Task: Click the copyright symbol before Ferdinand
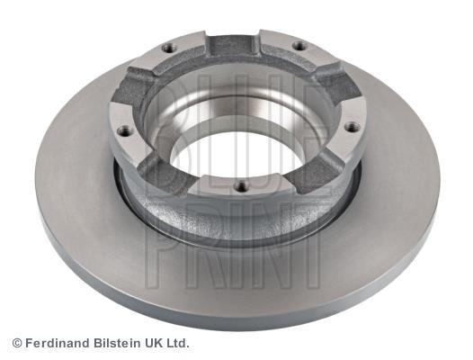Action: tap(17, 343)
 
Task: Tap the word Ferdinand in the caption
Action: tap(58, 343)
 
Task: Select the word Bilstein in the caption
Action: tap(117, 343)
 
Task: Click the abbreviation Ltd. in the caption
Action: tap(177, 343)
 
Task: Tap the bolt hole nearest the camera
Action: tap(241, 185)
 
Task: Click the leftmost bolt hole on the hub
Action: tap(123, 131)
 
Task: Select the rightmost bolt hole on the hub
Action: tap(351, 127)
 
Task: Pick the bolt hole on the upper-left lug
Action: tap(167, 48)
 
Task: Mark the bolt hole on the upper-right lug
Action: tap(299, 46)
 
